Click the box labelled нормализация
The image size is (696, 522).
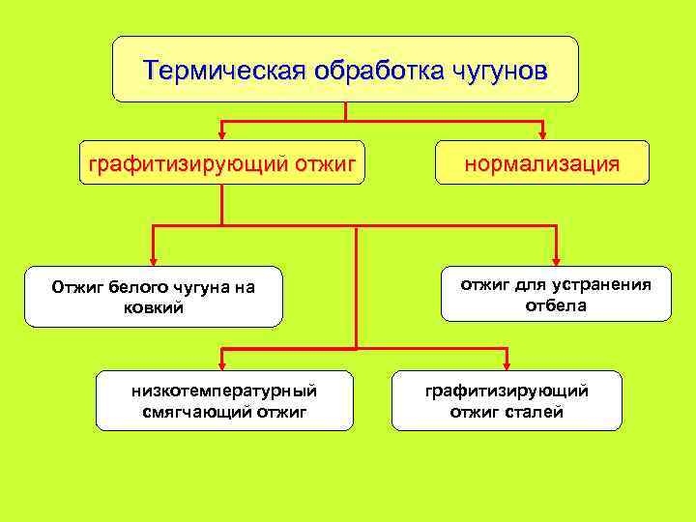tap(541, 162)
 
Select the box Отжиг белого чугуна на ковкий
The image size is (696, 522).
tap(154, 297)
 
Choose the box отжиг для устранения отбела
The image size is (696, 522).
tap(556, 294)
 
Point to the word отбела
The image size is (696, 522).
tap(556, 305)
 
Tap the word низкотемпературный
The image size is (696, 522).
tap(224, 391)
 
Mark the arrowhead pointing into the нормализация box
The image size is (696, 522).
tap(542, 134)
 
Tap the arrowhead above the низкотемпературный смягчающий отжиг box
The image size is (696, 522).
tap(223, 363)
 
